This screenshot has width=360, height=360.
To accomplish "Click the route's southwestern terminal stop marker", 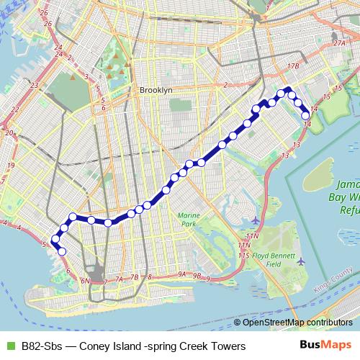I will coord(62,251).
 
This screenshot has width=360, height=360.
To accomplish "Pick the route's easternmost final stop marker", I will coord(305,115).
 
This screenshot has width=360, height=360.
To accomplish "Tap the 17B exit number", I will coord(292,66).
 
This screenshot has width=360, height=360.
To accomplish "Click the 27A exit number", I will coord(340,43).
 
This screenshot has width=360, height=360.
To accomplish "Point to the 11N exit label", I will coord(251,236).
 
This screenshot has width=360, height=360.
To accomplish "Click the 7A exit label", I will coord(120,278).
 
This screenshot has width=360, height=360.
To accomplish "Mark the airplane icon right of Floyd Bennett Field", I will coord(300,261).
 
